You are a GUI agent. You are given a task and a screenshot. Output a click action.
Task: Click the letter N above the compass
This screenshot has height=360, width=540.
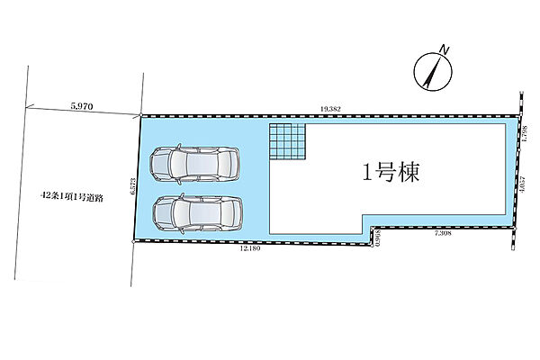[x=443, y=49]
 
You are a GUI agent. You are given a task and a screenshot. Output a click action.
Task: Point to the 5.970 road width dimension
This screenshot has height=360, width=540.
[x=82, y=104]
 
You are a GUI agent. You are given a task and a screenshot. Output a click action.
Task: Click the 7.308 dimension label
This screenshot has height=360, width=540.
[x=444, y=234]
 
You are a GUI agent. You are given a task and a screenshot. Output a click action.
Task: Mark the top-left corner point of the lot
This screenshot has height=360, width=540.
[x=141, y=116]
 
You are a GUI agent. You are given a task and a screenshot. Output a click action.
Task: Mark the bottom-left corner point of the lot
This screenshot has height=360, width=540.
[x=134, y=243]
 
